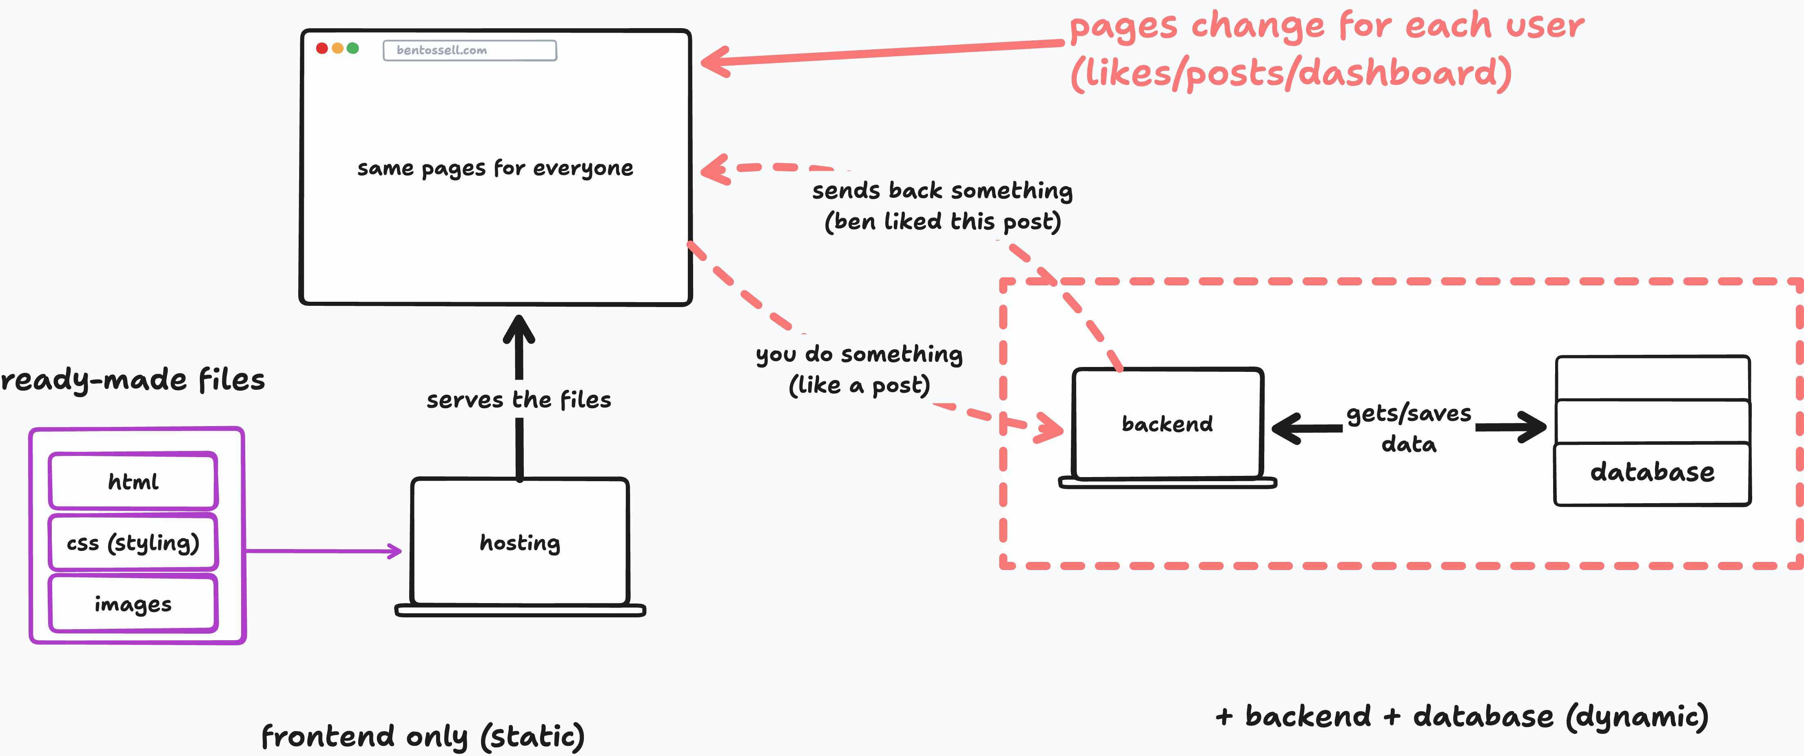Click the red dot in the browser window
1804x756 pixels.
click(322, 48)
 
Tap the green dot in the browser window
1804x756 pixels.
click(353, 48)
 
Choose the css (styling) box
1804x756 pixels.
click(133, 542)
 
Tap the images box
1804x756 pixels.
click(133, 603)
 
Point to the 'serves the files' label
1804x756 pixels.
click(519, 400)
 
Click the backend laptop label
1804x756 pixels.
click(1168, 424)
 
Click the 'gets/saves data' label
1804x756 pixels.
click(1409, 429)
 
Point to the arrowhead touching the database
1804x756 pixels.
click(1532, 426)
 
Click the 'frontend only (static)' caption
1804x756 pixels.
click(423, 736)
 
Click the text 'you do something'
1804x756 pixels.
click(859, 354)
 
